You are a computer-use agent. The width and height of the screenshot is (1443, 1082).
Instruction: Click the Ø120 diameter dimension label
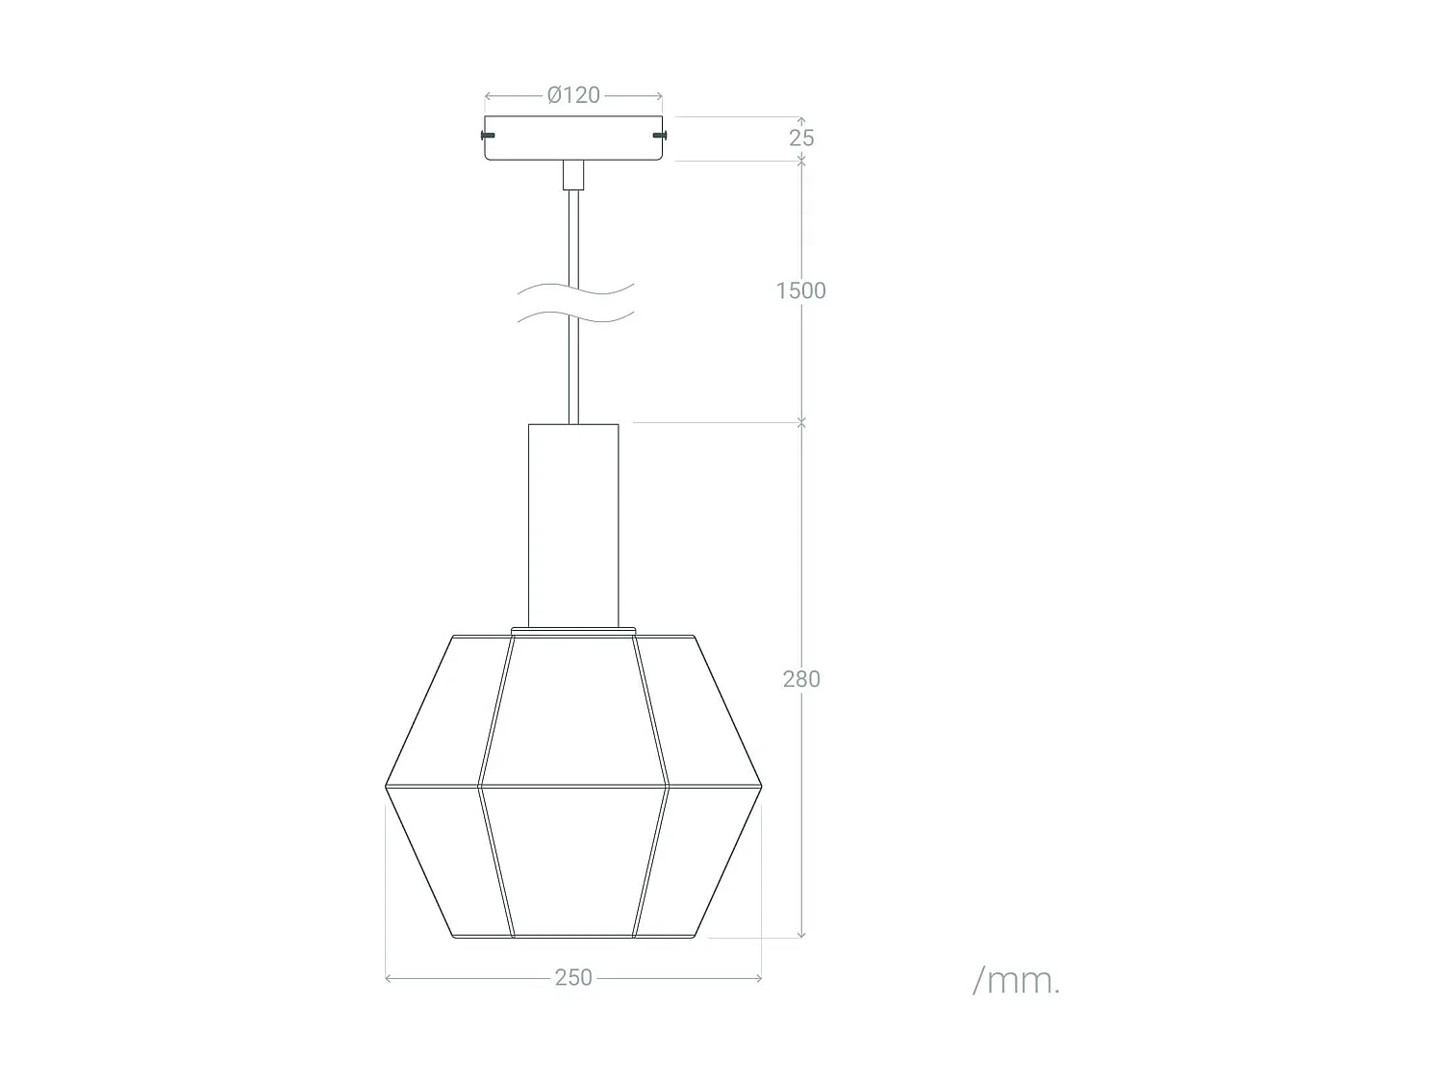tap(573, 95)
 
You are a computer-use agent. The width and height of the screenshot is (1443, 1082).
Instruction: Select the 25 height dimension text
tap(801, 138)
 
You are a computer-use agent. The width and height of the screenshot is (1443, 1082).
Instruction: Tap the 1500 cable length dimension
tap(800, 290)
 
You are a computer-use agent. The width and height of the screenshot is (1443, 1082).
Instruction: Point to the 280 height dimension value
tap(801, 679)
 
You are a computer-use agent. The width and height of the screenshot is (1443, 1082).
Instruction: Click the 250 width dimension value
tap(573, 977)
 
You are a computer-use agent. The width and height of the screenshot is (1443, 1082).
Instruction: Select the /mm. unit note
tap(1016, 981)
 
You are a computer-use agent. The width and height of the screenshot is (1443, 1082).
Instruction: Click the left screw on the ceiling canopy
tap(488, 135)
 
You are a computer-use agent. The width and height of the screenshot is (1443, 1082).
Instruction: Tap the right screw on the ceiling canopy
tap(660, 135)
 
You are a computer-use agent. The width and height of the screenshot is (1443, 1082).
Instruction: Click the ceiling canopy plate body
tap(573, 138)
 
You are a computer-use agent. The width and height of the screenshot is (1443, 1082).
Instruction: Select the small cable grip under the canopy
tap(573, 175)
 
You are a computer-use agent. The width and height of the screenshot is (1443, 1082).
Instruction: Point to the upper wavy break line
tap(575, 289)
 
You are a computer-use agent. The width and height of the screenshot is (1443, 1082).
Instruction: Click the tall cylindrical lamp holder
tap(573, 524)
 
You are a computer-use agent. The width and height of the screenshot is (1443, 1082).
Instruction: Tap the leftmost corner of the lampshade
tap(387, 788)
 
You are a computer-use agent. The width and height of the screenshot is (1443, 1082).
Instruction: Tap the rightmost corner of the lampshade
tap(761, 788)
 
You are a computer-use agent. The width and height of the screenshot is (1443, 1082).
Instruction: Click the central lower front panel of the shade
tap(573, 861)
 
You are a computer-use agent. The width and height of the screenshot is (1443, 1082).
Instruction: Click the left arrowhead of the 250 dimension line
tap(389, 978)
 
